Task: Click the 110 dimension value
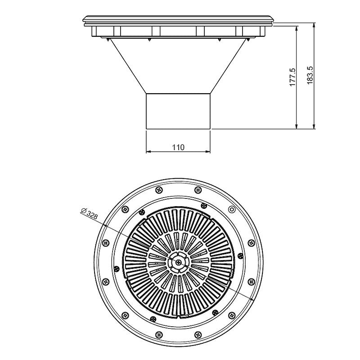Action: (178, 147)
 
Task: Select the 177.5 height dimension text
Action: (292, 77)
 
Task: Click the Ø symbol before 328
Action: (83, 211)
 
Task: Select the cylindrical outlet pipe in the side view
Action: (178, 111)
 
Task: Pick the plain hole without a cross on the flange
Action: (232, 209)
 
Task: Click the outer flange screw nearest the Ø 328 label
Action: (125, 209)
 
